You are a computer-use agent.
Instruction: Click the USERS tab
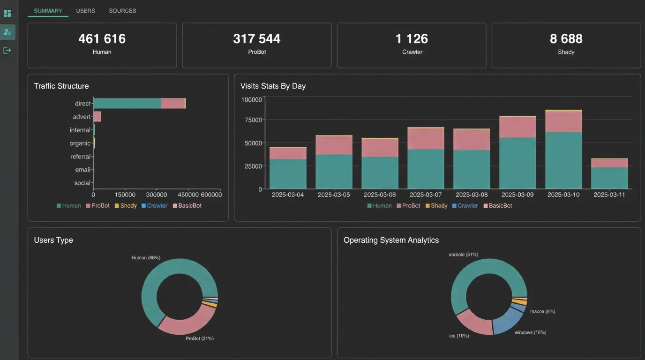coord(85,11)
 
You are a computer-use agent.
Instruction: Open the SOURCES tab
coord(122,11)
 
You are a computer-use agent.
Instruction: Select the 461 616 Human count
coord(102,38)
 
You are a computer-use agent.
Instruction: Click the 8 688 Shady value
coord(566,38)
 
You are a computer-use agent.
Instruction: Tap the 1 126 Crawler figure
coord(412,38)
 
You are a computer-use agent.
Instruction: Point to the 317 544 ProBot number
coord(256,38)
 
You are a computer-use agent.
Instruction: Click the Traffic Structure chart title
coord(61,86)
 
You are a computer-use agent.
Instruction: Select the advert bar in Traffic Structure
coord(97,117)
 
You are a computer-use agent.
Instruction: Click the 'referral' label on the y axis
coord(80,157)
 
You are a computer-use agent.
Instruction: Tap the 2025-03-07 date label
coord(426,195)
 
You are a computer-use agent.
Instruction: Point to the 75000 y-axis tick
coord(253,120)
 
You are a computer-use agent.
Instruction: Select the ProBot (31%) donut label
coord(200,338)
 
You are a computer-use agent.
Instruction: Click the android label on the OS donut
coord(463,255)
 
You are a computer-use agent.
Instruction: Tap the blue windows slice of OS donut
coord(507,321)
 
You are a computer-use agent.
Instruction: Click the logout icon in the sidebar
coord(7,50)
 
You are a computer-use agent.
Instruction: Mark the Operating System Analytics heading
coord(391,240)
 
